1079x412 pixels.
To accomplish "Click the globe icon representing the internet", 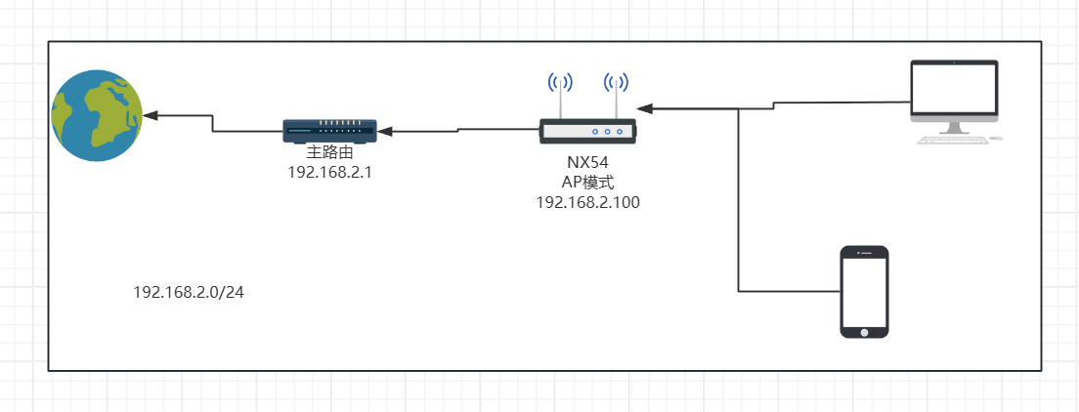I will click(x=97, y=115).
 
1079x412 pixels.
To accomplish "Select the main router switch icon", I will click(x=329, y=129).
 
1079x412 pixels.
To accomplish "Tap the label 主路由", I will click(x=328, y=152).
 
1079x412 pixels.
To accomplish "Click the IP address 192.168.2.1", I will click(x=328, y=171).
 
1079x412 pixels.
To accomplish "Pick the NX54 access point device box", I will click(x=587, y=130).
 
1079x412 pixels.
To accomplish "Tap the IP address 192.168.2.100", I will click(x=587, y=201).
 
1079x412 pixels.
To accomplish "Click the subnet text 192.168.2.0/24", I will click(x=189, y=291).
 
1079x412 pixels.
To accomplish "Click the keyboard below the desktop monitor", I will click(x=949, y=140).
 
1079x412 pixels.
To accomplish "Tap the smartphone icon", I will click(x=865, y=292).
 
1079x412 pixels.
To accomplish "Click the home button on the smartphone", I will click(x=865, y=331).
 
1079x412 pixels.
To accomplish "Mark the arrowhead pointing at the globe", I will click(x=150, y=115).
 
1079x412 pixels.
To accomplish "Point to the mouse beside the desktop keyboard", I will click(x=996, y=139).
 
